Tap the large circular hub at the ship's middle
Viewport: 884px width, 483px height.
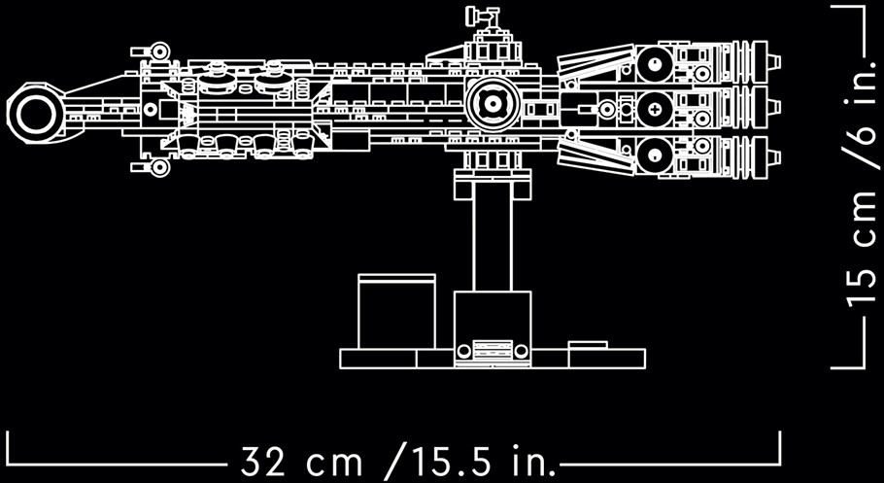493,104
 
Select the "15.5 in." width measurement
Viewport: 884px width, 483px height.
472,463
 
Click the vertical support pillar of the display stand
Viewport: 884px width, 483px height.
493,244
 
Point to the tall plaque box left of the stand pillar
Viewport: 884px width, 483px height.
397,311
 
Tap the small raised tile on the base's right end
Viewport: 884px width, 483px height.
588,345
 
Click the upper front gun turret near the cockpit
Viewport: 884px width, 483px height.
152,52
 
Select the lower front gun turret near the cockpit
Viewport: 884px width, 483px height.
152,167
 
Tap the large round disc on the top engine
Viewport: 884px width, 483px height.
655,64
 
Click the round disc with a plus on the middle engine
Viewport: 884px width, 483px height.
655,108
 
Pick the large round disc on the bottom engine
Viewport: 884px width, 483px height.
655,155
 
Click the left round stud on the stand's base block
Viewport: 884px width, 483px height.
463,351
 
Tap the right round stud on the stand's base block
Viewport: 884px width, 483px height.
522,351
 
